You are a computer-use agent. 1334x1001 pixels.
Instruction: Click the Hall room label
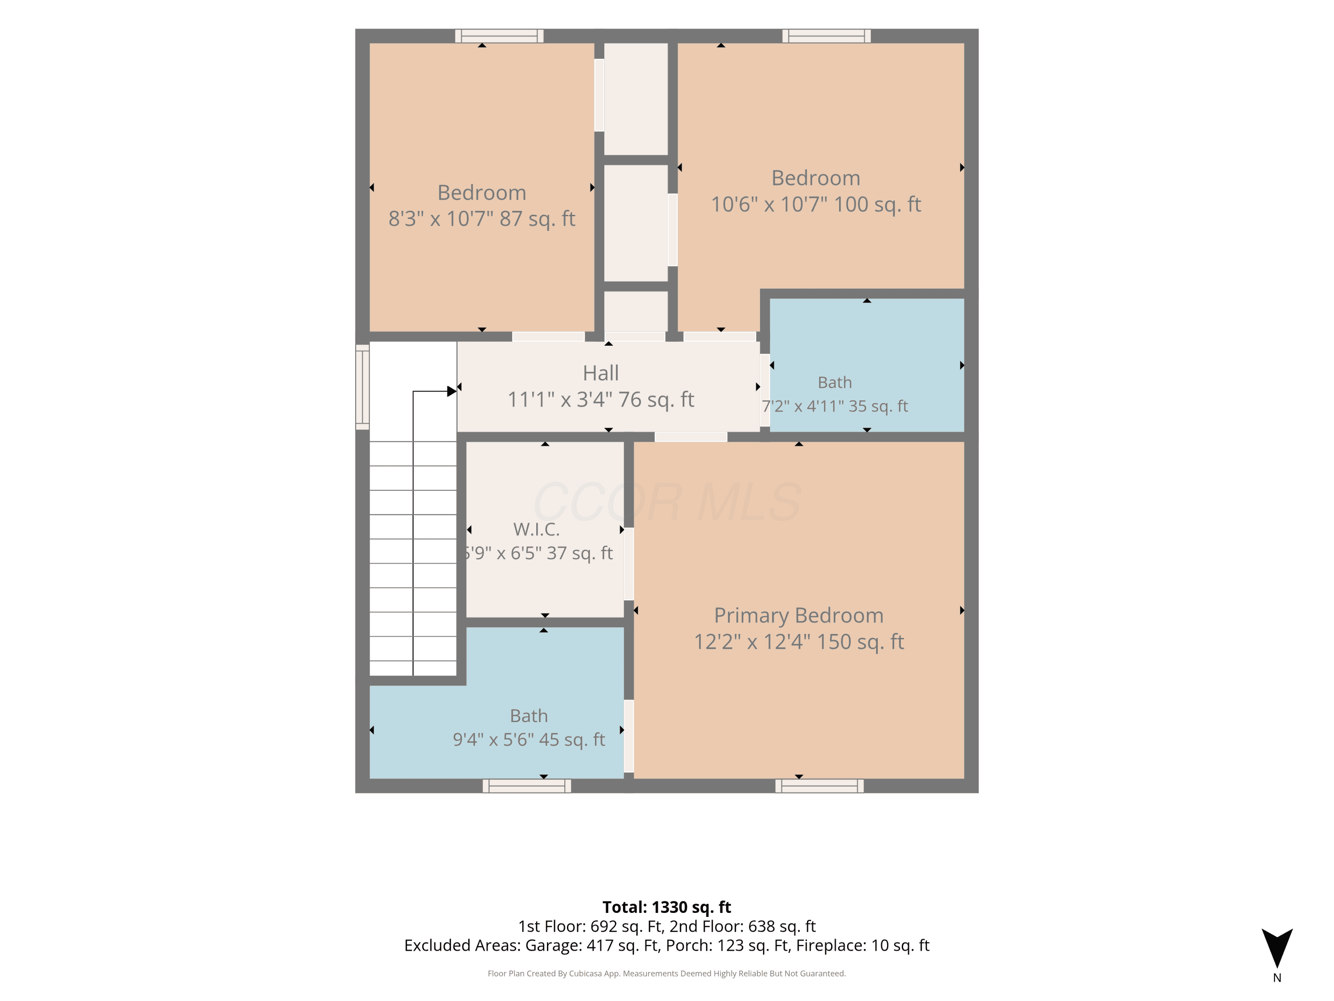pyautogui.click(x=601, y=373)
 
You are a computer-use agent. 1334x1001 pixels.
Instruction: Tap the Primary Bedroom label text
pyautogui.click(x=799, y=615)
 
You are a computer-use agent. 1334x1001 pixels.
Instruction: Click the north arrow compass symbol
pyautogui.click(x=1277, y=948)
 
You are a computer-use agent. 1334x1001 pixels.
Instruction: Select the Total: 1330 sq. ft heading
pyautogui.click(x=667, y=907)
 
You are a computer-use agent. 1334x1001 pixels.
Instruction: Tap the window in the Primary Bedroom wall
pyautogui.click(x=819, y=786)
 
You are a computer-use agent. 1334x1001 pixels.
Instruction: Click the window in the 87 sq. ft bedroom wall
pyautogui.click(x=499, y=36)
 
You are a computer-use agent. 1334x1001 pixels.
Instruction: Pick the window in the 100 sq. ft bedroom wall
pyautogui.click(x=826, y=36)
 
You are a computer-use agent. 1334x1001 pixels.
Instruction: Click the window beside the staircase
pyautogui.click(x=362, y=387)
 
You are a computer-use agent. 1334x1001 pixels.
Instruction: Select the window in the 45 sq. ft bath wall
pyautogui.click(x=526, y=786)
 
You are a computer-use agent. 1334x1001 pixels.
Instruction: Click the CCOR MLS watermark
pyautogui.click(x=667, y=502)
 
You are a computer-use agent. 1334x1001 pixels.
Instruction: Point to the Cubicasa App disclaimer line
pyautogui.click(x=667, y=973)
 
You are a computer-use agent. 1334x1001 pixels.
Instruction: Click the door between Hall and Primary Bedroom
pyautogui.click(x=691, y=437)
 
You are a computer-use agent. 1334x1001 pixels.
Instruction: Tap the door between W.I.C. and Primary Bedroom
pyautogui.click(x=628, y=564)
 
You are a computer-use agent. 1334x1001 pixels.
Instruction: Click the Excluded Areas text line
pyautogui.click(x=667, y=945)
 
